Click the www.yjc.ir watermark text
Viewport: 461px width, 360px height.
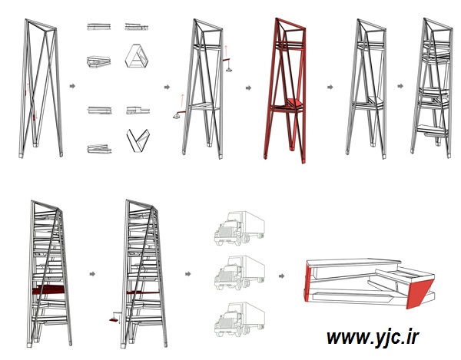point(373,338)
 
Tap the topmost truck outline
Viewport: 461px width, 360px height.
point(239,228)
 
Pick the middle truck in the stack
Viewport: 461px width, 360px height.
point(239,272)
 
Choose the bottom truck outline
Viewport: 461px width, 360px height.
point(239,319)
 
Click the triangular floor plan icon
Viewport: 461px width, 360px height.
point(137,56)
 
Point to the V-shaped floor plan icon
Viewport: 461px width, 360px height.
point(138,140)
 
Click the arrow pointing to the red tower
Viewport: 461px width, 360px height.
point(248,88)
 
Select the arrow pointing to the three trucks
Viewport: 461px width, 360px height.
point(188,274)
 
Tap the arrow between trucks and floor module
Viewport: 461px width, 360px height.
point(281,276)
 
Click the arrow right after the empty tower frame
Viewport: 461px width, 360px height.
point(72,86)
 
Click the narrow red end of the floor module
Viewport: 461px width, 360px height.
point(307,282)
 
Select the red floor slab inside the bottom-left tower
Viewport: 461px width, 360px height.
point(48,289)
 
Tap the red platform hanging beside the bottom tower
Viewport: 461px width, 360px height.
point(114,320)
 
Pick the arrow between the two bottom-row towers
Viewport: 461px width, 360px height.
point(92,274)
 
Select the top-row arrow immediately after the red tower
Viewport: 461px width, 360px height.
point(330,87)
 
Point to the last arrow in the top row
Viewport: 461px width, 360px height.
point(400,86)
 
